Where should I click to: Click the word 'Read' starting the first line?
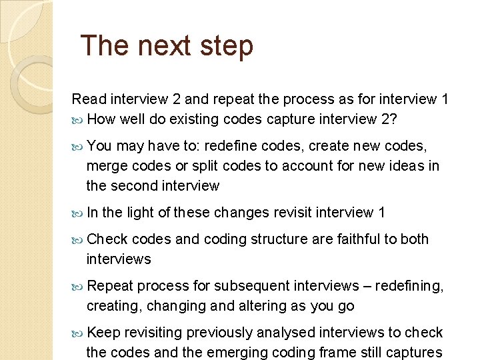89,99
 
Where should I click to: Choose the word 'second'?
137,186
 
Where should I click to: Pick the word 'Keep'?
103,333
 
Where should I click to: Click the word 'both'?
415,239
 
